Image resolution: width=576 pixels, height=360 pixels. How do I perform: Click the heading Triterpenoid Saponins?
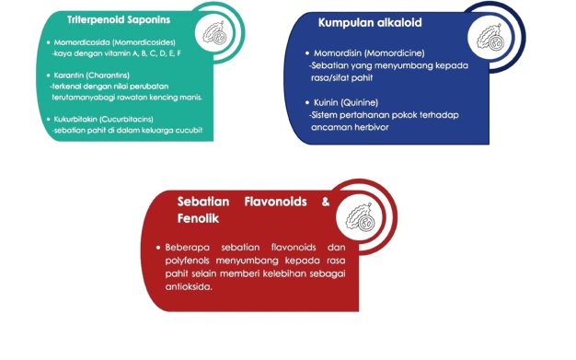[119, 20]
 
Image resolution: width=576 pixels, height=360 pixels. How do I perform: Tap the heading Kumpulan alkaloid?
[370, 23]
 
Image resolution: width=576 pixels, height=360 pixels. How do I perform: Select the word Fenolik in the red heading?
[198, 218]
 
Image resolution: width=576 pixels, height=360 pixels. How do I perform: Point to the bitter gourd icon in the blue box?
[490, 37]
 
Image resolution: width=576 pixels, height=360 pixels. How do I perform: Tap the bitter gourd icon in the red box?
[360, 217]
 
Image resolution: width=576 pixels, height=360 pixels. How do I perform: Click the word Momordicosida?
[82, 42]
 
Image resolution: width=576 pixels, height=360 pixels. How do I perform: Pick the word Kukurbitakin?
[75, 119]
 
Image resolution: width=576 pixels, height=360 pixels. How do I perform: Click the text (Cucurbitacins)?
[126, 119]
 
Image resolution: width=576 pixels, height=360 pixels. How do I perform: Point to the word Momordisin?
[338, 53]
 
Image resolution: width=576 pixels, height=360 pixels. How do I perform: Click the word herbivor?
[368, 127]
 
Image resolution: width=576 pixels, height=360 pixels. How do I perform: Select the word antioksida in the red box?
[189, 286]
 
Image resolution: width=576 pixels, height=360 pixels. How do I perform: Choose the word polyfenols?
[189, 261]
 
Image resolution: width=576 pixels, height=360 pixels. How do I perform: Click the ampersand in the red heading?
[326, 202]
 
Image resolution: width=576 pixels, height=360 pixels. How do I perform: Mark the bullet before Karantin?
[48, 75]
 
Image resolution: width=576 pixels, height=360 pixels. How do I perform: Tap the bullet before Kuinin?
[307, 102]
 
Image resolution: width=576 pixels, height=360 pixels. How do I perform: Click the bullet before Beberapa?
[158, 248]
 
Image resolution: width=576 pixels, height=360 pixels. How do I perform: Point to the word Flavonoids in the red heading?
[275, 202]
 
